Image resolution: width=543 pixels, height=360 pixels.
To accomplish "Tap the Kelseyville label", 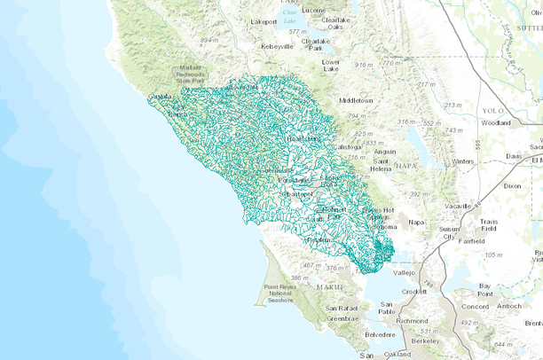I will coord(276,46).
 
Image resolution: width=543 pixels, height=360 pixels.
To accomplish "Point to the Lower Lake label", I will coord(330,65).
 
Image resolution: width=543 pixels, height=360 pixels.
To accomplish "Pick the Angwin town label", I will coord(385,151).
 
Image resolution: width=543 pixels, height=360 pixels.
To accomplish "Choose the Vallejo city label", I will coord(404,273).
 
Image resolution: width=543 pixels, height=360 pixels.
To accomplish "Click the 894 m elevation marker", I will coord(209,41).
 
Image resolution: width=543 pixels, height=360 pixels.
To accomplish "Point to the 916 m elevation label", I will coord(363,65).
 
